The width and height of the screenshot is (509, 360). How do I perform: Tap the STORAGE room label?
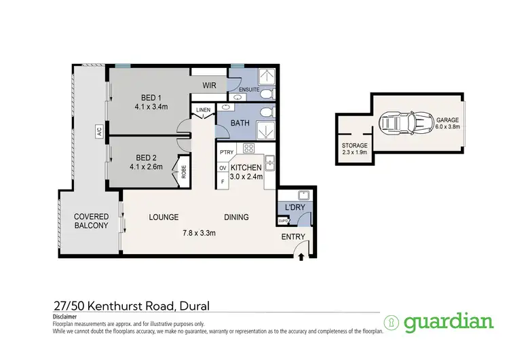coord(354,145)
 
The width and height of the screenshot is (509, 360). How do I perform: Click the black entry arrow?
coord(301,256)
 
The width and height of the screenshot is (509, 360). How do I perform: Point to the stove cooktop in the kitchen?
coord(248,149)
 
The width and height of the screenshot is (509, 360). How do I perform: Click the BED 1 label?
coord(145,96)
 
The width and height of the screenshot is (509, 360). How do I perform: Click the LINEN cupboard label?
coord(203,110)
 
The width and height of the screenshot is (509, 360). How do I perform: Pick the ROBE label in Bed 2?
coord(182,171)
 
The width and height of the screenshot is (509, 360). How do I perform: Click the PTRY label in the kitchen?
coord(226,153)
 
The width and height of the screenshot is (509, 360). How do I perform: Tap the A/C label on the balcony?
coord(99,134)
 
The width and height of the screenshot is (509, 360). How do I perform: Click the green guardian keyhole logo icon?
coord(391,322)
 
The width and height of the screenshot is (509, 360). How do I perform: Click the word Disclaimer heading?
coord(65,317)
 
